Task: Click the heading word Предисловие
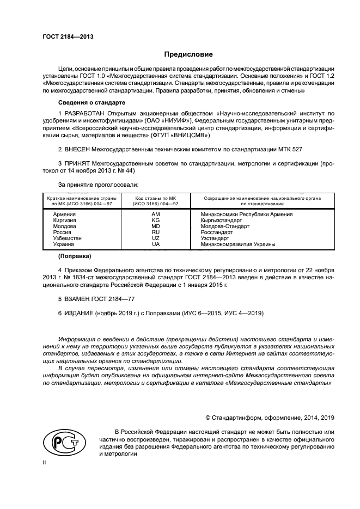pyautogui.click(x=189, y=54)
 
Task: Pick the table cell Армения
pyautogui.click(x=64, y=214)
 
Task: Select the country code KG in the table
pyautogui.click(x=155, y=220)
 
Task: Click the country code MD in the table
pyautogui.click(x=155, y=226)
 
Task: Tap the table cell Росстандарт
pyautogui.click(x=217, y=232)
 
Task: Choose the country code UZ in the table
pyautogui.click(x=155, y=238)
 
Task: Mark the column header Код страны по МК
pyautogui.click(x=155, y=200)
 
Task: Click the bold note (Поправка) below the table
pyautogui.click(x=75, y=256)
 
